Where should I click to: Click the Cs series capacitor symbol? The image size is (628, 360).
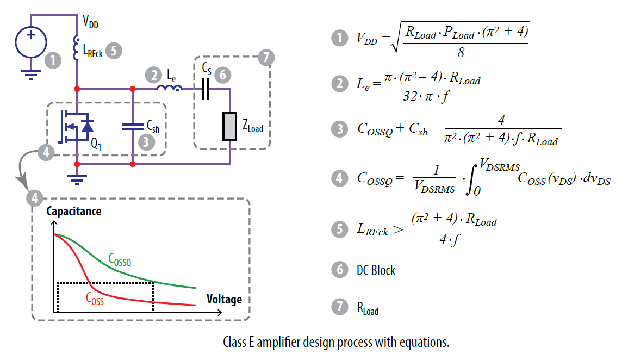coord(205,89)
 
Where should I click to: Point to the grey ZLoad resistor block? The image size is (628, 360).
coord(229,126)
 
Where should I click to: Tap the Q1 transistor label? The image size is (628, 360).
coord(96,146)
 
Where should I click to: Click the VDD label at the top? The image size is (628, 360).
coord(91,22)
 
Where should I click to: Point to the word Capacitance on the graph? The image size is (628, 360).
coord(74,211)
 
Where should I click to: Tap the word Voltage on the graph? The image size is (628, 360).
coord(224,300)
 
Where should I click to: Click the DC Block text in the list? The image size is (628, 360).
coord(376,270)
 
